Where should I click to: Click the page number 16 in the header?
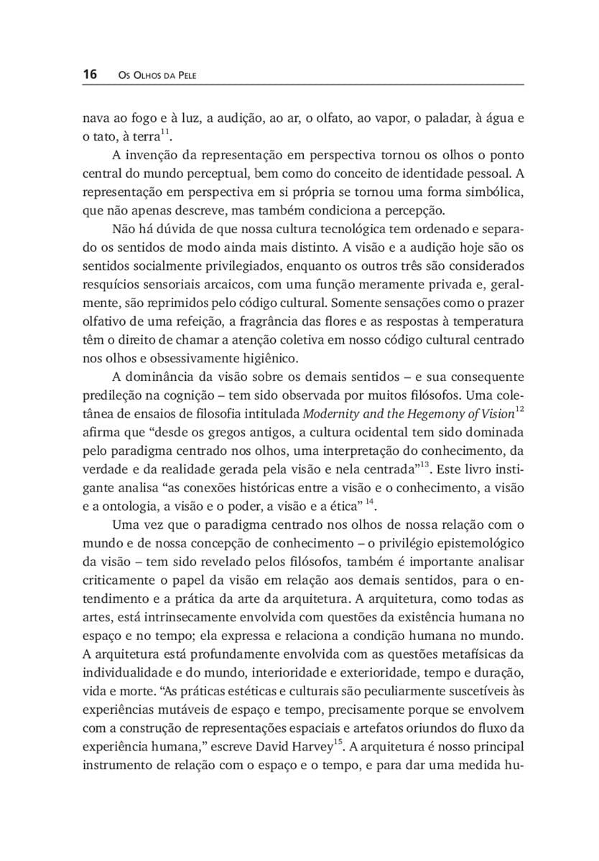coord(90,74)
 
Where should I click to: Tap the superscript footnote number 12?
coord(520,408)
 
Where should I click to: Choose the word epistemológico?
coord(474,524)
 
